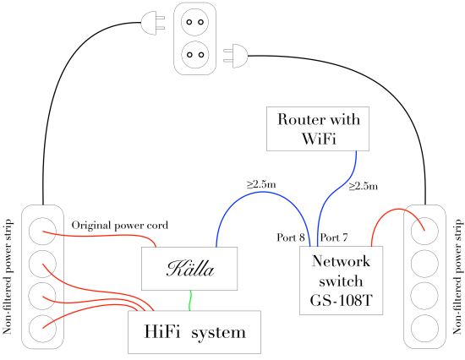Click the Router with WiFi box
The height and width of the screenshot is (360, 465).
[318, 128]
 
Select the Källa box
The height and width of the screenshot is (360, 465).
[189, 269]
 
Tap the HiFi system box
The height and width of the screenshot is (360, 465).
[194, 332]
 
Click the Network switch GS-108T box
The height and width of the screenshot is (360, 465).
[341, 281]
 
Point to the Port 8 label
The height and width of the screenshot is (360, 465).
[291, 237]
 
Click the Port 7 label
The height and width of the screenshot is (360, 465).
[334, 237]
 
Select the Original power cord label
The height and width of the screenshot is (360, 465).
[120, 226]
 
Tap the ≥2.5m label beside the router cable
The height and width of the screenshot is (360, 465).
[364, 186]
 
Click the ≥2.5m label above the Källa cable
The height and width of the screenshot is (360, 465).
[261, 184]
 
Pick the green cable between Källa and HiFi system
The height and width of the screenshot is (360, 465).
[190, 300]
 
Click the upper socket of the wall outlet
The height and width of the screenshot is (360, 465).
[194, 22]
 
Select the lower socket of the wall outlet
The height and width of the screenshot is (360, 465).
[194, 55]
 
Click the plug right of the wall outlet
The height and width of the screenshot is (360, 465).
[236, 56]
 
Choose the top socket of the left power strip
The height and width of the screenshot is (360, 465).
[42, 231]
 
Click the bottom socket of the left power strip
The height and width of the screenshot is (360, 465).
[42, 328]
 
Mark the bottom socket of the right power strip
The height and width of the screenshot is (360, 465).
[424, 328]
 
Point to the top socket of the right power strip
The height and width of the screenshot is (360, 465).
[424, 231]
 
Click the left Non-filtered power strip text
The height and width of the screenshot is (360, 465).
[7, 277]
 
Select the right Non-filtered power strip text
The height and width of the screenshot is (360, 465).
[457, 277]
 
